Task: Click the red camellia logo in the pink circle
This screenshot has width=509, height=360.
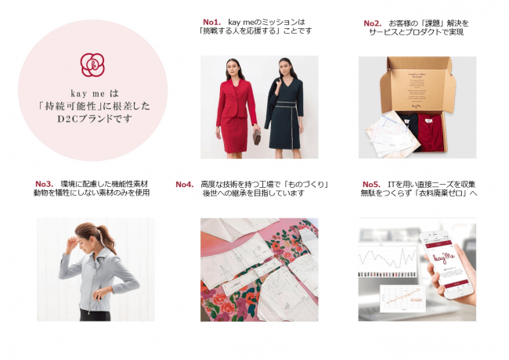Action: [92, 65]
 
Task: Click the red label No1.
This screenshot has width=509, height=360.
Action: [211, 22]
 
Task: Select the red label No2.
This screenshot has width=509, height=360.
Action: [372, 23]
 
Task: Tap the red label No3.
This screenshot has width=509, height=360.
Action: [44, 184]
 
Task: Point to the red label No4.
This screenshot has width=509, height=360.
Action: [184, 184]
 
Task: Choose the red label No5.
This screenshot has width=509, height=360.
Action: [371, 184]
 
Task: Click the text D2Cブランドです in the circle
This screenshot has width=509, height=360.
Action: [95, 119]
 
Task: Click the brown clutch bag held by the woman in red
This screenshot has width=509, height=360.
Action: [257, 137]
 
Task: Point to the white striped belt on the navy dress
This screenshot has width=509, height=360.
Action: [285, 104]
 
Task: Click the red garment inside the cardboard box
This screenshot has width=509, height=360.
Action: [431, 132]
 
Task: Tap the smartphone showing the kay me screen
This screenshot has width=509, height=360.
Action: [447, 264]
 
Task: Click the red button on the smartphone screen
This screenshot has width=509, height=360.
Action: [456, 283]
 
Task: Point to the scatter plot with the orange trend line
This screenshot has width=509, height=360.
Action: [403, 298]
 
